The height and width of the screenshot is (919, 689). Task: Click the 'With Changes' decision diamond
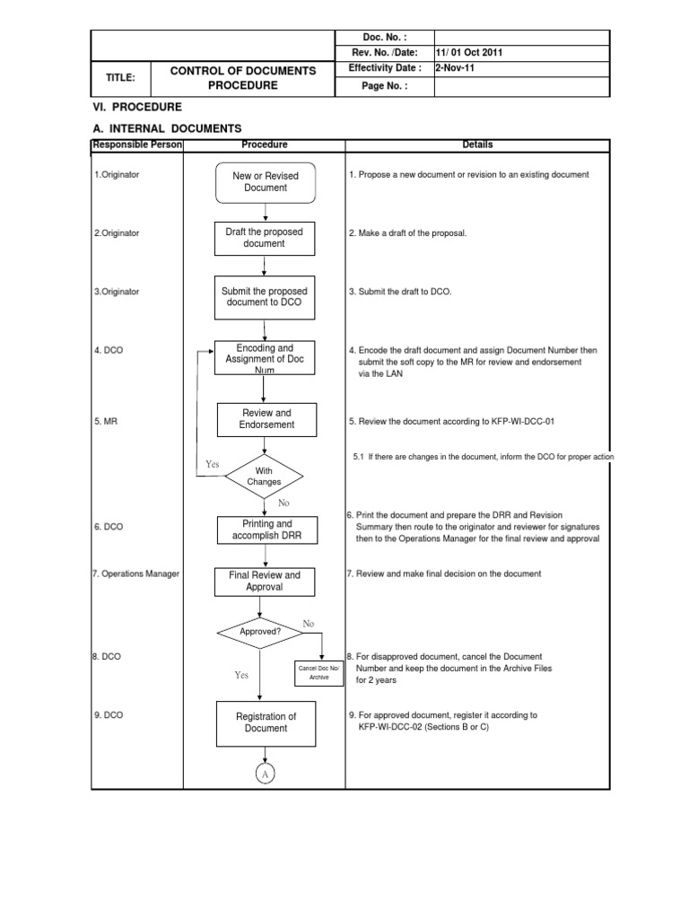264,476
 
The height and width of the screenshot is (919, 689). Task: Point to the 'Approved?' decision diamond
259,631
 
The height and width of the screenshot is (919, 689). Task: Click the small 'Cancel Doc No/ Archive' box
319,673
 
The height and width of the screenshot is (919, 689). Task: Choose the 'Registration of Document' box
266,722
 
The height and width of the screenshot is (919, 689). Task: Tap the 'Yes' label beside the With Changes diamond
212,464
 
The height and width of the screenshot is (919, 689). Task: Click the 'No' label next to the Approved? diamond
309,623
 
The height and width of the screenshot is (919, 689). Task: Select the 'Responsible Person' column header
136,144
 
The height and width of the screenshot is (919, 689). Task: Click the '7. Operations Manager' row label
135,573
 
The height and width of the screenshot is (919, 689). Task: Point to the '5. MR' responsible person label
107,419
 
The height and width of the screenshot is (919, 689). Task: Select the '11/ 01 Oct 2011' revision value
469,52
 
